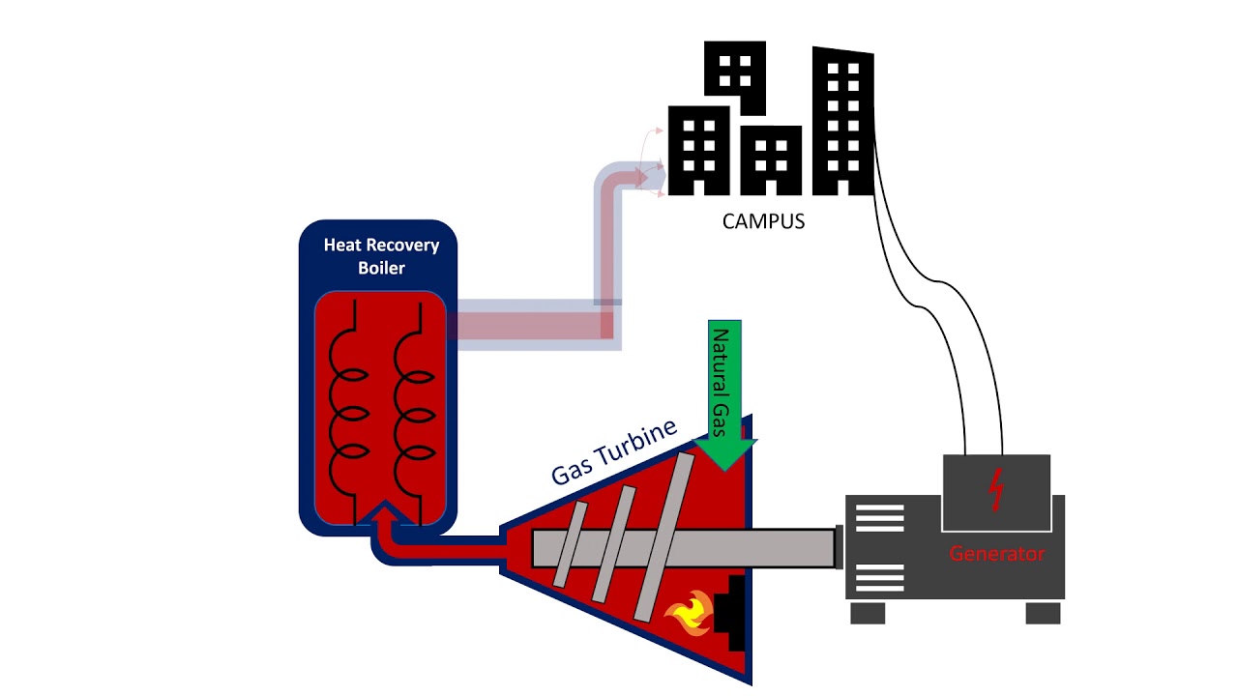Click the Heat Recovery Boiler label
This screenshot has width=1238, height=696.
[381, 256]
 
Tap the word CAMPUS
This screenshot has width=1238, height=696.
[763, 221]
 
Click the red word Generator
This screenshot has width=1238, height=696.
[996, 554]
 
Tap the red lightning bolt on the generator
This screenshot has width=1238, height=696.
[995, 491]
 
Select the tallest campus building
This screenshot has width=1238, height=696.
[843, 121]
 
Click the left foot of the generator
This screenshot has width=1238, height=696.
[868, 613]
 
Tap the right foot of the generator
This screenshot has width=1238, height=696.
[1043, 613]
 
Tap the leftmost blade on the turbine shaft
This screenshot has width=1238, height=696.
[570, 544]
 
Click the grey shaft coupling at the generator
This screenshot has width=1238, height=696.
[839, 547]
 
